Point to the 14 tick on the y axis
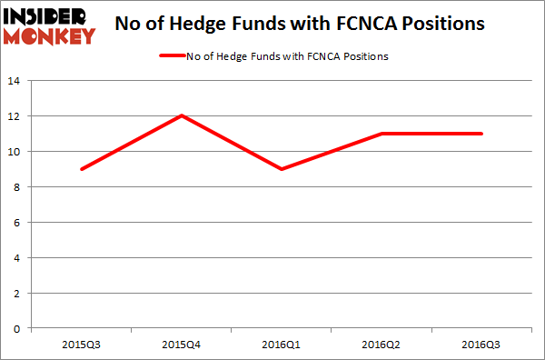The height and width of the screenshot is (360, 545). (15, 81)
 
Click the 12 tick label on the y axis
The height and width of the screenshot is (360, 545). (15, 116)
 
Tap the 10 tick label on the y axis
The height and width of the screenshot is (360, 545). (15, 152)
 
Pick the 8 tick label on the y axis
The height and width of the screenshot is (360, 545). (17, 187)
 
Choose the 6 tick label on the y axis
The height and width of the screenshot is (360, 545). (17, 223)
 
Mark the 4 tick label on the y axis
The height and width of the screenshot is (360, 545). (17, 258)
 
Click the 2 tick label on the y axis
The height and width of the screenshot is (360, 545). (17, 294)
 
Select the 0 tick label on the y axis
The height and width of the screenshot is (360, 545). (17, 329)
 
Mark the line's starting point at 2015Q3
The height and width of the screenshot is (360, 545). (83, 169)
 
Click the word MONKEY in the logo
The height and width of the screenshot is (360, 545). (51, 36)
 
